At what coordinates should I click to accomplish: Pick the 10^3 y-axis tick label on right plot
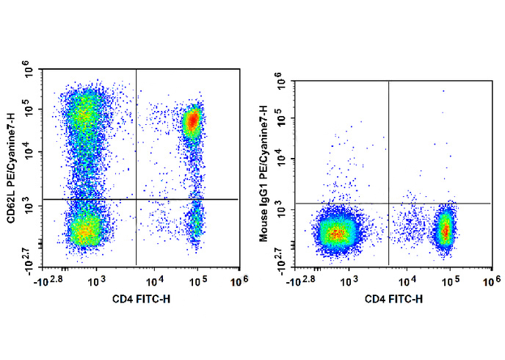(283, 210)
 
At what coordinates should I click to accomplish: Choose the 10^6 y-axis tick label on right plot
(283, 78)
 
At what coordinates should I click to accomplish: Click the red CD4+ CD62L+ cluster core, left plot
(192, 120)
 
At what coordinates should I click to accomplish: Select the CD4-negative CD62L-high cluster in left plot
(83, 113)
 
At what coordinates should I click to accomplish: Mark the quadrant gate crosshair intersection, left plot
(137, 199)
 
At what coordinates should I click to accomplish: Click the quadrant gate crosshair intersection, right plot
(388, 204)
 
